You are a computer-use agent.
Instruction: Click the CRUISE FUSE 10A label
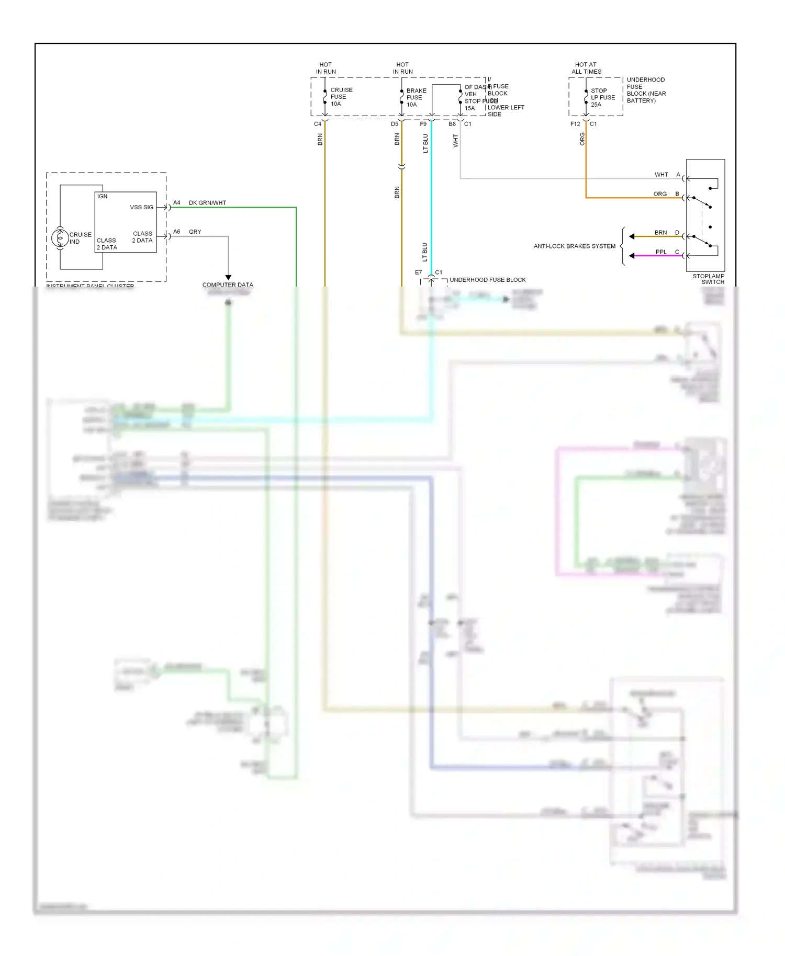point(341,97)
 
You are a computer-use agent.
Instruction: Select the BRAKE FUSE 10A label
point(416,97)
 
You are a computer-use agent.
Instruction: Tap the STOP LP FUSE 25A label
point(602,97)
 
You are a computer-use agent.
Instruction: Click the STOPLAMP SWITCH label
point(709,279)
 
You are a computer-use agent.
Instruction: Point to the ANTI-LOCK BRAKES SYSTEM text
point(574,246)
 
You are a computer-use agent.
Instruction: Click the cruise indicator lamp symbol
point(60,238)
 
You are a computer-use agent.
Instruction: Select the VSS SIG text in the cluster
point(141,207)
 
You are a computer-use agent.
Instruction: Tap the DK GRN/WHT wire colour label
point(207,203)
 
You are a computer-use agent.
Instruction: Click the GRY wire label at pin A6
point(195,232)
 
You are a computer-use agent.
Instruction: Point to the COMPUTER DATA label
point(228,285)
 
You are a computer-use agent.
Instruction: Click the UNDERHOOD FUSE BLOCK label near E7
point(487,280)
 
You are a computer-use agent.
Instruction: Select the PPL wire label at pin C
point(661,252)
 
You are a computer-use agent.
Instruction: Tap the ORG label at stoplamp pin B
point(660,194)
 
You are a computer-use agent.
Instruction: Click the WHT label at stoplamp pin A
point(661,175)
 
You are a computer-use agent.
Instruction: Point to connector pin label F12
point(575,124)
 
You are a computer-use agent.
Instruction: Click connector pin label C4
point(317,124)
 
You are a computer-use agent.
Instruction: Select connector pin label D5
point(394,124)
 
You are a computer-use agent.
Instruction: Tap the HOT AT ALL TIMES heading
point(586,68)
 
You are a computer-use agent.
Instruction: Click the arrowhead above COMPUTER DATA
point(228,277)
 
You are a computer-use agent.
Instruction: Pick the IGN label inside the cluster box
point(102,197)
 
